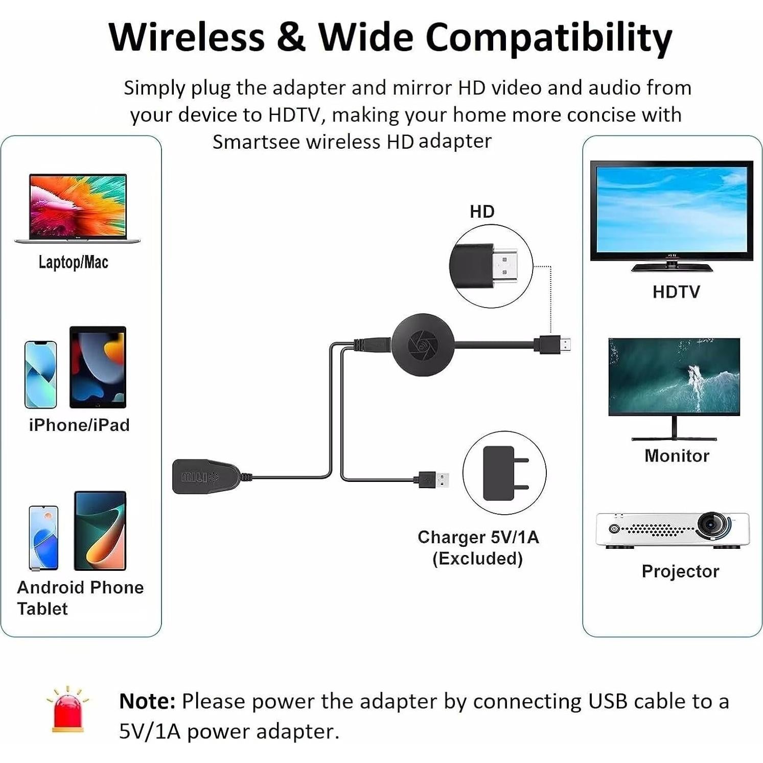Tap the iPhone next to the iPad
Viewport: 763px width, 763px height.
click(40, 374)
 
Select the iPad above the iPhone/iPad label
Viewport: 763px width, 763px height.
click(98, 367)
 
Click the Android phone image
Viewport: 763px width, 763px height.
click(43, 537)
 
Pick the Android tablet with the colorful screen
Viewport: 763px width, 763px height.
click(100, 530)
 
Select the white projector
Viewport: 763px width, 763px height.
click(672, 530)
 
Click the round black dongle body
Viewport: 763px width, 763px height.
click(423, 344)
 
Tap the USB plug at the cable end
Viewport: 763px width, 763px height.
click(438, 480)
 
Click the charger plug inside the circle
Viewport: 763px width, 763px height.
click(503, 473)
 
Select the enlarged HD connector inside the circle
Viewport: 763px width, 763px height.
click(489, 266)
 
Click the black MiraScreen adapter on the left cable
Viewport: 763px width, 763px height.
click(205, 476)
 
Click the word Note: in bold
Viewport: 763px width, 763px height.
click(147, 701)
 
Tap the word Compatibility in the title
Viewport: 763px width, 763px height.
click(548, 37)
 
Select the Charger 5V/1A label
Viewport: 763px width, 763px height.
click(478, 537)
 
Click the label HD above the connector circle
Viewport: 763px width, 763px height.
click(482, 212)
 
